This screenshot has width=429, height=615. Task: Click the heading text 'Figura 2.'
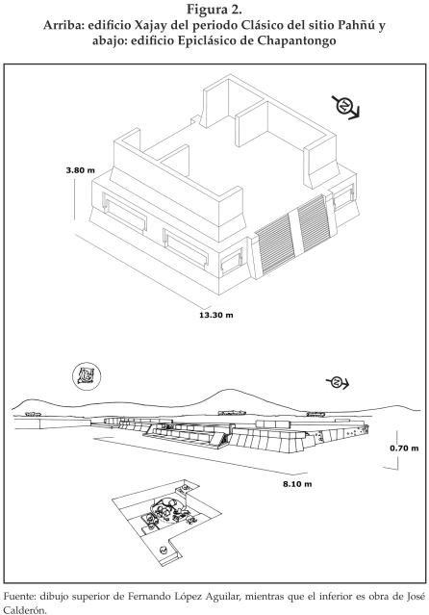pos(214,9)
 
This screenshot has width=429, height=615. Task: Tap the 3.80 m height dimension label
pos(81,170)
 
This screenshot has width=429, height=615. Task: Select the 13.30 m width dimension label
pos(216,315)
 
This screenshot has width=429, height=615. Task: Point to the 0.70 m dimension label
pos(404,448)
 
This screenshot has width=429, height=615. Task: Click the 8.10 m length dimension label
pos(297,484)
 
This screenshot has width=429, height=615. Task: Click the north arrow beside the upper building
pos(345,107)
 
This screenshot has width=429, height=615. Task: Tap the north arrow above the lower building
pos(338,382)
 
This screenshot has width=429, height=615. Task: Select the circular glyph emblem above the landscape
pos(87,375)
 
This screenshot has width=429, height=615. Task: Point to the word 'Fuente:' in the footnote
pos(19,597)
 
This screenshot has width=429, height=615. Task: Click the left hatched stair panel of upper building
pos(275,243)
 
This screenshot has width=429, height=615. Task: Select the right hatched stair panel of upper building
pos(314,223)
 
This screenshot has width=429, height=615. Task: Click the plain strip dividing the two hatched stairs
pos(296,233)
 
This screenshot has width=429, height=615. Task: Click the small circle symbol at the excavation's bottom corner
pos(164,551)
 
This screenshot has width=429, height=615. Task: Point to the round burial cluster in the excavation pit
pos(165,510)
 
